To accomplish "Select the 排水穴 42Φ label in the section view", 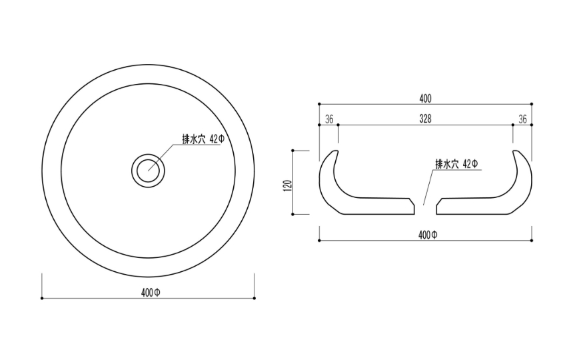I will click(456, 164).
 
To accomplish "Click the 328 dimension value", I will click(425, 119).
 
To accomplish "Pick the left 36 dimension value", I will click(328, 119).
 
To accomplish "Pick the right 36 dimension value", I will click(522, 119).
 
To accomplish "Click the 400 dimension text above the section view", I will click(425, 99).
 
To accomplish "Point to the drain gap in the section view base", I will click(425, 207).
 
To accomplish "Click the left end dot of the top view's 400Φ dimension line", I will click(42, 298).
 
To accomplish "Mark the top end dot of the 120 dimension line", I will click(293, 151).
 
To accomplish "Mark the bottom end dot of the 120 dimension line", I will click(293, 214).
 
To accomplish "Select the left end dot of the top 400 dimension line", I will click(319, 104).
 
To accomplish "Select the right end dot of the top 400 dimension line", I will click(532, 104).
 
